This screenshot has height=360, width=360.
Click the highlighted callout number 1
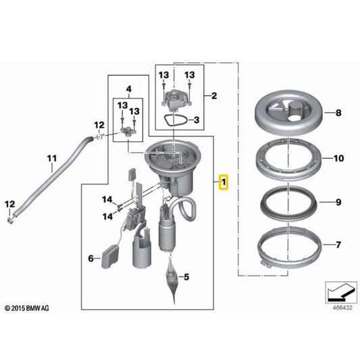tap(224, 182)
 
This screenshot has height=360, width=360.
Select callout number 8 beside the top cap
tap(338, 113)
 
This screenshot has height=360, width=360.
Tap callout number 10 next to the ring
tap(338, 158)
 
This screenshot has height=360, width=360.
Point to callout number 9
tap(338, 202)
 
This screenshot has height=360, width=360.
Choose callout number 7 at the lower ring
tap(338, 245)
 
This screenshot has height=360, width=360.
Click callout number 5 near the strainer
tap(186, 277)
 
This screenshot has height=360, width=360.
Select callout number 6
tap(91, 259)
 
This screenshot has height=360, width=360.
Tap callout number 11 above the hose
tap(52, 159)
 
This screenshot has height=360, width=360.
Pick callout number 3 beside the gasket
tap(197, 120)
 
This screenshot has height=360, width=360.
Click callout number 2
tap(214, 95)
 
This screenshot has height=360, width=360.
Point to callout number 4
tap(129, 89)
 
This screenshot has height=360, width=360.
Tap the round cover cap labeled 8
tap(288, 112)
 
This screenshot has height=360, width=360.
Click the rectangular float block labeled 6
tap(109, 257)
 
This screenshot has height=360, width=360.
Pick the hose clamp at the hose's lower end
tap(10, 220)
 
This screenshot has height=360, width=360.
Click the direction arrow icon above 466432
tap(341, 292)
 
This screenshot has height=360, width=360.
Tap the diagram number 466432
tap(342, 307)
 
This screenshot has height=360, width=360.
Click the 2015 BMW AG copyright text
tap(27, 308)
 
